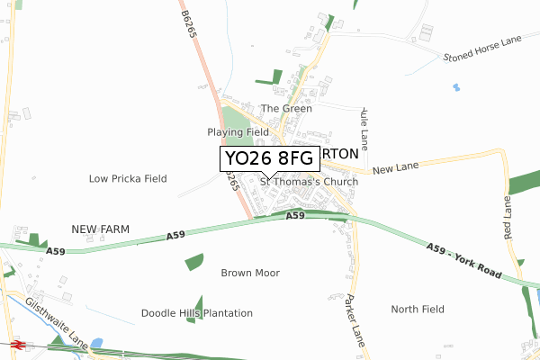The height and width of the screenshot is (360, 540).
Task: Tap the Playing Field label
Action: (x=238, y=132)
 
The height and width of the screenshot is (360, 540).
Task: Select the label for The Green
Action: (x=286, y=109)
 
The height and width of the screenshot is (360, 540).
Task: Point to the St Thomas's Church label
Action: (x=309, y=182)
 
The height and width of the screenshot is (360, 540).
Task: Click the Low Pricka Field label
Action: (x=128, y=179)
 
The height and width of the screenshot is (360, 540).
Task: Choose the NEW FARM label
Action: (x=100, y=230)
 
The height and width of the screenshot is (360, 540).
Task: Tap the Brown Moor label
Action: (x=250, y=273)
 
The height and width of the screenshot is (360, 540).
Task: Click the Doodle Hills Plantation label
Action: (x=197, y=313)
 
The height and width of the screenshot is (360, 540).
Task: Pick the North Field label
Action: (x=418, y=310)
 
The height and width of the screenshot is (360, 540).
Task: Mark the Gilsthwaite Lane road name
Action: (x=57, y=316)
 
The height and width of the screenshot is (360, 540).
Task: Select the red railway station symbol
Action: (x=17, y=344)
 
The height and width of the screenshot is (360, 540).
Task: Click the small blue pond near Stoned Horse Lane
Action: (x=456, y=87)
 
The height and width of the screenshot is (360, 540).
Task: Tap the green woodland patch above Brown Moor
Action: (x=194, y=262)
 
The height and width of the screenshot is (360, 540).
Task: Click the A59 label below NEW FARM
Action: (x=56, y=251)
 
